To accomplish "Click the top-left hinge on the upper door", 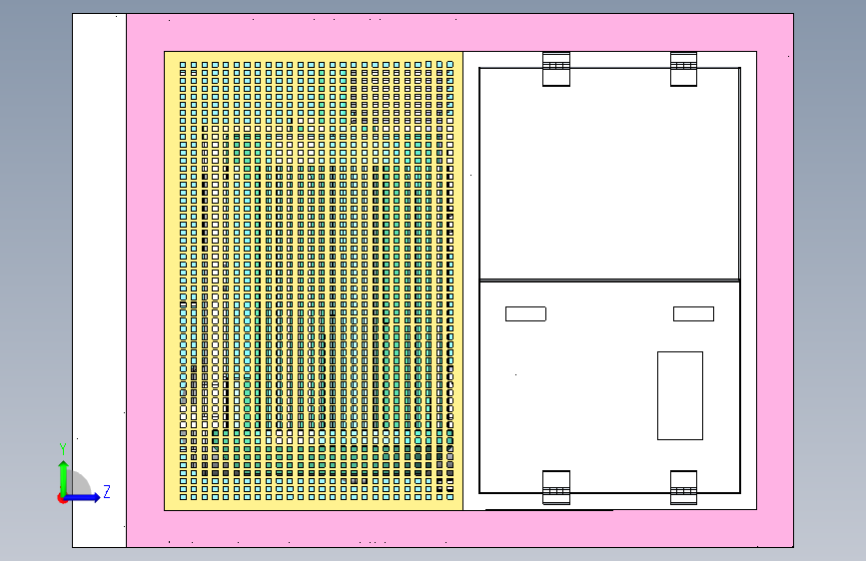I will pos(556,69).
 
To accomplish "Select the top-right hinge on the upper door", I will pos(683,69).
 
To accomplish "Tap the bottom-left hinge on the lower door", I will pos(556,487).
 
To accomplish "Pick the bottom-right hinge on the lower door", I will pos(683,487).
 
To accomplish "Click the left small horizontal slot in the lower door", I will pos(525,313).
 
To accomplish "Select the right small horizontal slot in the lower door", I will pos(693,313).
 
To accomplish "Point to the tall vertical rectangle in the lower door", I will pos(679,395).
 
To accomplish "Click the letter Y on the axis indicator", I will pos(63,448).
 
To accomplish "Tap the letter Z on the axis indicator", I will pos(106,491).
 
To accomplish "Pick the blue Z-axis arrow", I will pos(84,497).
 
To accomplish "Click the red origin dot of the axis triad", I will pos(63,498).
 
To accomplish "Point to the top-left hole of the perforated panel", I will pos(183,65).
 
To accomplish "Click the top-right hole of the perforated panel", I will pos(450,65).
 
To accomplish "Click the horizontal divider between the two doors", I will pos(609,280).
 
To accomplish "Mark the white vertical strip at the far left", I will pos(99,280).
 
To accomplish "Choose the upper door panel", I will pos(609,175).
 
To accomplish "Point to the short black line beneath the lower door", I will pos(549,509).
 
